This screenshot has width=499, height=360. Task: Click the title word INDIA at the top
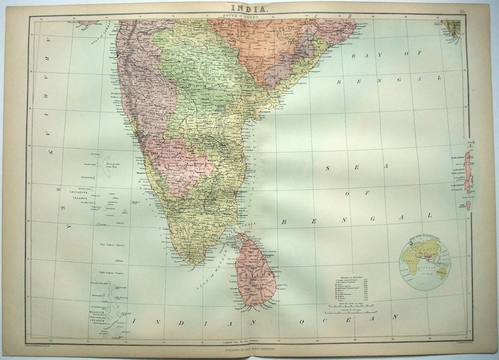pyautogui.click(x=249, y=9)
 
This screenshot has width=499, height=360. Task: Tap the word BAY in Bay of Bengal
pyautogui.click(x=363, y=55)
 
